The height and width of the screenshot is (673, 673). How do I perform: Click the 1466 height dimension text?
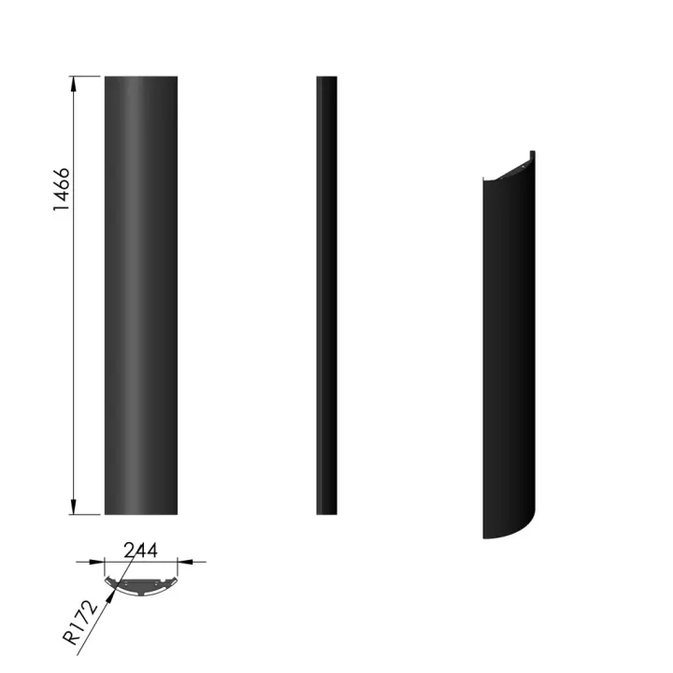(x=62, y=190)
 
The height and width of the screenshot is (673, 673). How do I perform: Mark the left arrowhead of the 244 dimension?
(x=97, y=562)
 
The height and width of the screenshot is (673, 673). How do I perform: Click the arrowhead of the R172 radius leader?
(x=117, y=589)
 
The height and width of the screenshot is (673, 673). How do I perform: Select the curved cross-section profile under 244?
(x=140, y=583)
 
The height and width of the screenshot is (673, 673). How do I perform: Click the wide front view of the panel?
(x=140, y=294)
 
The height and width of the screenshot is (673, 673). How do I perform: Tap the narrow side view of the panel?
(x=326, y=294)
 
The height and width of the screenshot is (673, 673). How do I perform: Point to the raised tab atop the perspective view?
(x=532, y=155)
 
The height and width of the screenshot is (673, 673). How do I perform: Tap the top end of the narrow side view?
(x=326, y=79)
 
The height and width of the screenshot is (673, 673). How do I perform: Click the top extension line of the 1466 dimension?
(x=86, y=76)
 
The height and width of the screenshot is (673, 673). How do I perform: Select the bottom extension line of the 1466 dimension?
(x=86, y=514)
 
